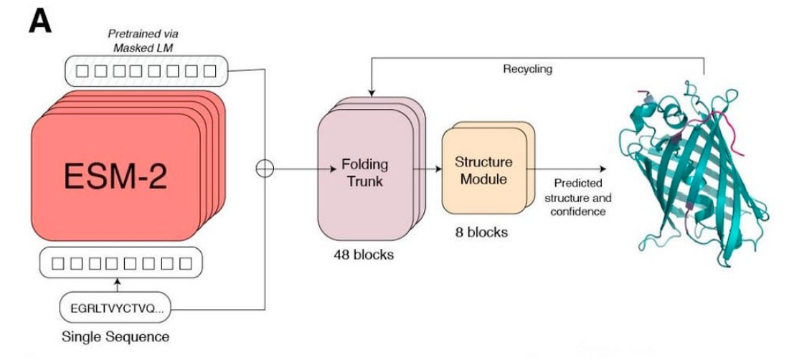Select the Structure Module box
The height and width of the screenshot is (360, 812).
[483, 171]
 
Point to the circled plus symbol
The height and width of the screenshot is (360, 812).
[265, 169]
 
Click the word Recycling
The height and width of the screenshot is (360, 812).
[527, 69]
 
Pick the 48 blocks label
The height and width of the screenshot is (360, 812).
[364, 255]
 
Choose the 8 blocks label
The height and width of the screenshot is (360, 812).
[482, 232]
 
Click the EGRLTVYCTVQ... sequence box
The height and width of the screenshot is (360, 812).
[115, 310]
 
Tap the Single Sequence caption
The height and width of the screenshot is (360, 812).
[115, 336]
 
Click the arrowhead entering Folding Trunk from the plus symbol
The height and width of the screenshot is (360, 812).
[333, 169]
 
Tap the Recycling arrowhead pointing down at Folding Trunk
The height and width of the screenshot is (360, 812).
[371, 90]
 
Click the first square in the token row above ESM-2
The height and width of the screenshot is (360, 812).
[82, 70]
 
